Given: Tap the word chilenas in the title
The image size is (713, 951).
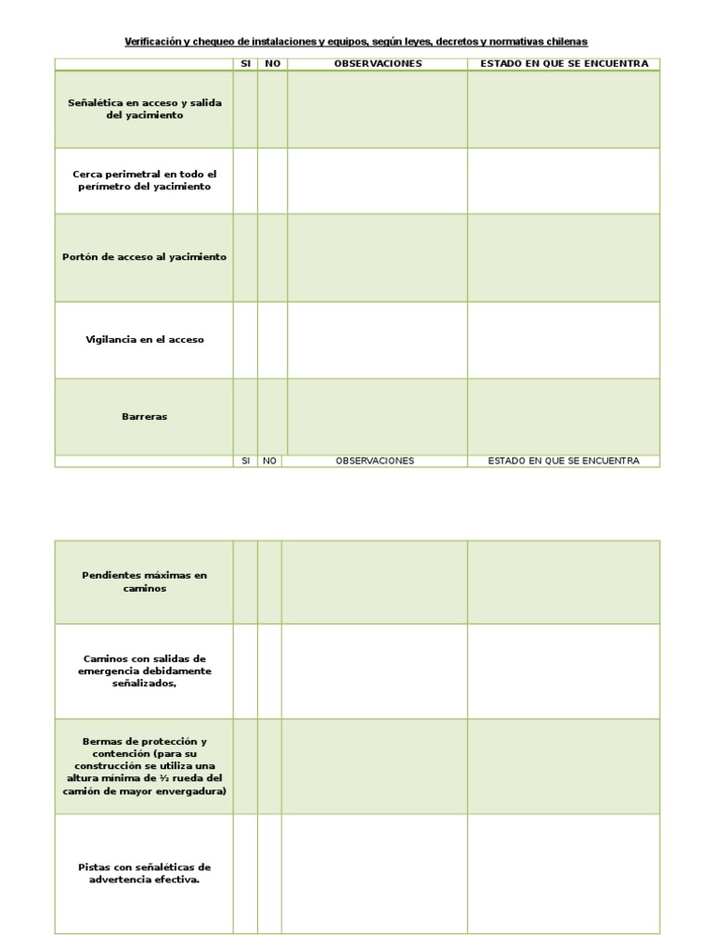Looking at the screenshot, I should [x=565, y=42].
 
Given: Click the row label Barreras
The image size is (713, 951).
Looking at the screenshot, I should [x=144, y=417].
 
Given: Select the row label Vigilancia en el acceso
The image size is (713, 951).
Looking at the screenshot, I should [x=144, y=340].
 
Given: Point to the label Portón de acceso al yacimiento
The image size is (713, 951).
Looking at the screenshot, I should [x=144, y=257].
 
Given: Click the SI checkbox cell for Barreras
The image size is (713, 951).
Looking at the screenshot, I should [x=245, y=417].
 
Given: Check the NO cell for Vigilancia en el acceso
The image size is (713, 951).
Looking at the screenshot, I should [x=272, y=340].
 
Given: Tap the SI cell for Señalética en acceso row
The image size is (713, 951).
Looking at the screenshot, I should [x=245, y=110].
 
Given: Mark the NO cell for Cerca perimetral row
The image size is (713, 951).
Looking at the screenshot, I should [x=272, y=180].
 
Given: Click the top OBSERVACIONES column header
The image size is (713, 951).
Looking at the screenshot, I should [x=377, y=64].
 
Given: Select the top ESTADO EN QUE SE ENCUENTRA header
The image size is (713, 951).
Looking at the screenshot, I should [x=564, y=64].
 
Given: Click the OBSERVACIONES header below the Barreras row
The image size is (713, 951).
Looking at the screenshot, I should [x=374, y=461].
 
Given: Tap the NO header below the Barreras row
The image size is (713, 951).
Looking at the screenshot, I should [x=270, y=461].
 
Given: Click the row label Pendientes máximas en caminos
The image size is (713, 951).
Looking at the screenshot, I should [x=144, y=582].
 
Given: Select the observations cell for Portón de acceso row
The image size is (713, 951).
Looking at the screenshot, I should [x=377, y=257].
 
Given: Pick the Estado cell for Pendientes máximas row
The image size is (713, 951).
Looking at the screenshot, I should [x=564, y=582].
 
